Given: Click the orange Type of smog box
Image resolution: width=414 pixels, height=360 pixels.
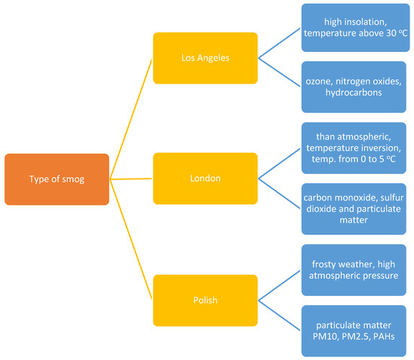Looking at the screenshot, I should [x=56, y=178].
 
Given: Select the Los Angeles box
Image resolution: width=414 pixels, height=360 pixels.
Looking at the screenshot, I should [x=205, y=57].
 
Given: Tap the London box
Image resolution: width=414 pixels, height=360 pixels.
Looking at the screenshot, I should [x=205, y=178].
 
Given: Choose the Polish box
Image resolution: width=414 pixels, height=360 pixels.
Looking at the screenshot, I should [x=205, y=300].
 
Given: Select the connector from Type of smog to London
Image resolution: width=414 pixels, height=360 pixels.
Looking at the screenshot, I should [x=131, y=178].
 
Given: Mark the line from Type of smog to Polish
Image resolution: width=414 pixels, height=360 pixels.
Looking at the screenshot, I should [x=131, y=239].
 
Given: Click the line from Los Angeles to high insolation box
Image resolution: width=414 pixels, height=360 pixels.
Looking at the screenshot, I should [x=279, y=42].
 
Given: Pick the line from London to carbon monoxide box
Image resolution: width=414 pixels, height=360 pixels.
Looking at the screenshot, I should [x=279, y=194].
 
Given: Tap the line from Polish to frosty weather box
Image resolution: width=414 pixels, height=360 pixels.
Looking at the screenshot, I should [x=279, y=285].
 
